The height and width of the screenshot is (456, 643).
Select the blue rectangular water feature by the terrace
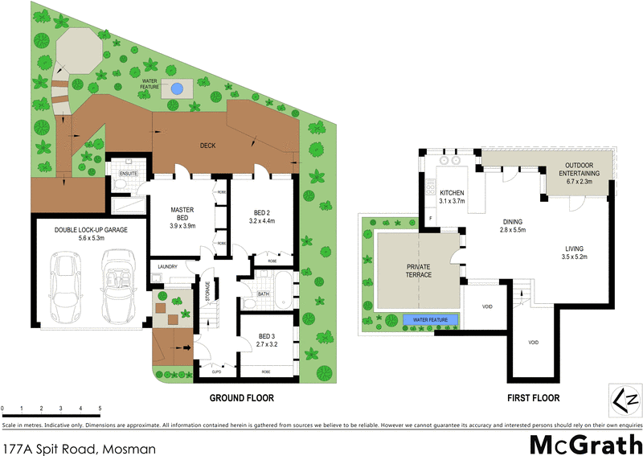431,320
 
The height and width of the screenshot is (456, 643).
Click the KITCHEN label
453,196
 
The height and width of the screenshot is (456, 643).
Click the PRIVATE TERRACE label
419,270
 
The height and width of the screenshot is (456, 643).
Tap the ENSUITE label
128,173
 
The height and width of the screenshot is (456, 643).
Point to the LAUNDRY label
167,267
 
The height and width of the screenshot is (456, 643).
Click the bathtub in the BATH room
285,290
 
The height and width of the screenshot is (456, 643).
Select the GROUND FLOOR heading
241,398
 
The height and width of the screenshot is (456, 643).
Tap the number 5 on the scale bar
100,409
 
